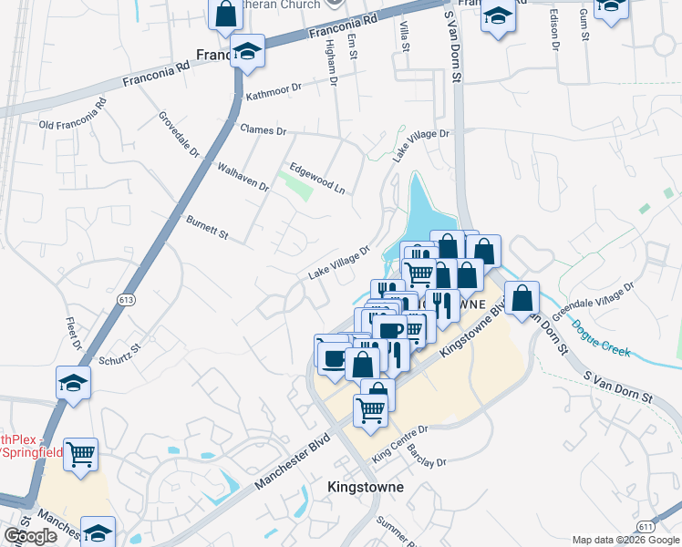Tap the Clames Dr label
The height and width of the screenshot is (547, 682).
pyautogui.click(x=263, y=130)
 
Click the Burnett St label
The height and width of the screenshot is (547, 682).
pyautogui.click(x=207, y=229)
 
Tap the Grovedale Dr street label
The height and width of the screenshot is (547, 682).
pyautogui.click(x=179, y=135)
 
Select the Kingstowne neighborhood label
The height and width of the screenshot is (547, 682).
pyautogui.click(x=365, y=487)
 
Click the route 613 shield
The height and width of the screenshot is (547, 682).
pyautogui.click(x=127, y=299)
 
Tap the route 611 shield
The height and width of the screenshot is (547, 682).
pyautogui.click(x=646, y=526)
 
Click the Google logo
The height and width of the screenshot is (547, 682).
pyautogui.click(x=30, y=536)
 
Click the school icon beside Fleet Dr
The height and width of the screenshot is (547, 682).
pyautogui.click(x=73, y=383)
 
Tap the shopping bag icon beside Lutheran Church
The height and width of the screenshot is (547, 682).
pyautogui.click(x=225, y=14)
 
